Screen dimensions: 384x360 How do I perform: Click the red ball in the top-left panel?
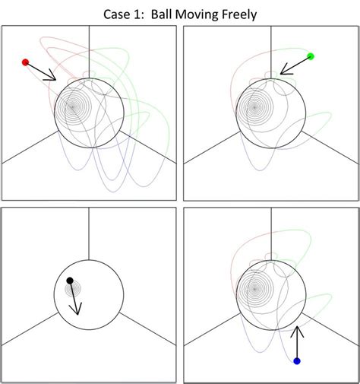[25, 62]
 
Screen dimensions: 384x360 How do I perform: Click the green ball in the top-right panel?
[311, 56]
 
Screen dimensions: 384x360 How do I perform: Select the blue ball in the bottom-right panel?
[297, 360]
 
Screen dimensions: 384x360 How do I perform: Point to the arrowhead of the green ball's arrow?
[283, 72]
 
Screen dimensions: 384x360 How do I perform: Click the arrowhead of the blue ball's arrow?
[297, 331]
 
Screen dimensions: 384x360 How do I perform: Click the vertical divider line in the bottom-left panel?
[90, 236]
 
